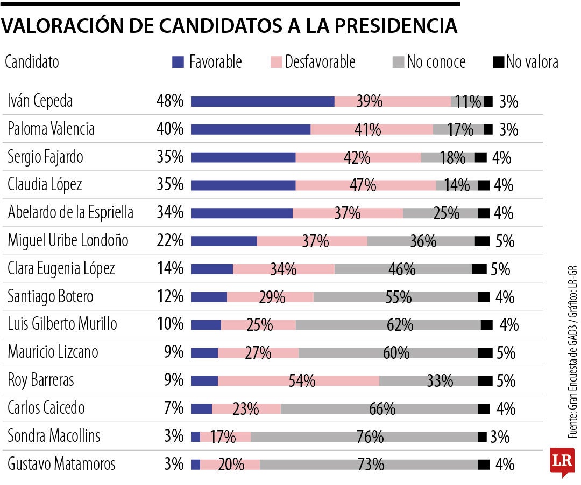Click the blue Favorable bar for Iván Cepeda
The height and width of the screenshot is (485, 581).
point(263,101)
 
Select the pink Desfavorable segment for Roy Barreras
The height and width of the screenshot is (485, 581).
point(299,380)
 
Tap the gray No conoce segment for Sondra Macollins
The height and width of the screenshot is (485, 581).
point(364,436)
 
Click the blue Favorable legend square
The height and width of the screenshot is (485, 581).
point(178,63)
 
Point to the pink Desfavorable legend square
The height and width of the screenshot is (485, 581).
point(275,63)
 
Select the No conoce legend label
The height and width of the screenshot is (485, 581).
point(436,63)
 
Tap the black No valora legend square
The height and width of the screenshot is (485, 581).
point(498,63)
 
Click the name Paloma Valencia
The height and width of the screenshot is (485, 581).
point(51,129)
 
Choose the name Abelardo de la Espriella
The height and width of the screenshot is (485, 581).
point(70,213)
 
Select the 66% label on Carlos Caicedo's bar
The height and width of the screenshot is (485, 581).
point(382,408)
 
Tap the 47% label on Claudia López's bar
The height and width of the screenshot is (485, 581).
point(363,185)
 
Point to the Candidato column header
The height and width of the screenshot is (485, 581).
point(32,63)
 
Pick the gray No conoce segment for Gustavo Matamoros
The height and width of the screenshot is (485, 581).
point(369,465)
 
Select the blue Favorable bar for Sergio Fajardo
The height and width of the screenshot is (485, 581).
point(243,157)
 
